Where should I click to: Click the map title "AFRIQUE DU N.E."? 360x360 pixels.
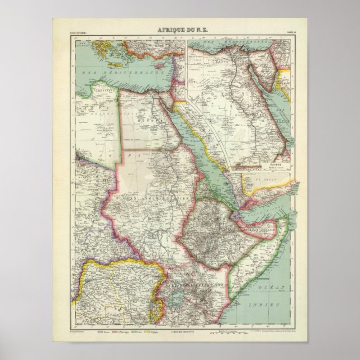pos(180,32)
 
